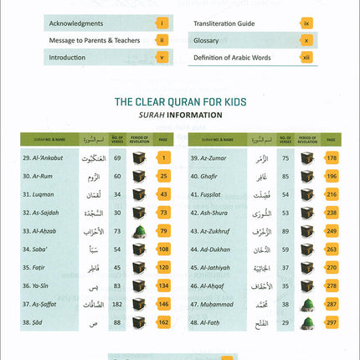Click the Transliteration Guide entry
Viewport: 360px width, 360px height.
pos(231,25)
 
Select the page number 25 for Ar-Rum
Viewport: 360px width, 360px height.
pos(164,176)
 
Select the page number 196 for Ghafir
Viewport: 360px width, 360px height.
pos(332,176)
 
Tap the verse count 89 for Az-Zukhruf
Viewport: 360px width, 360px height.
pos(285,230)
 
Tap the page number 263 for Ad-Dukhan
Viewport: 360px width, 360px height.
pos(332,249)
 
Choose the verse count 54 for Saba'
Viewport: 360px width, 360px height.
pos(116,249)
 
